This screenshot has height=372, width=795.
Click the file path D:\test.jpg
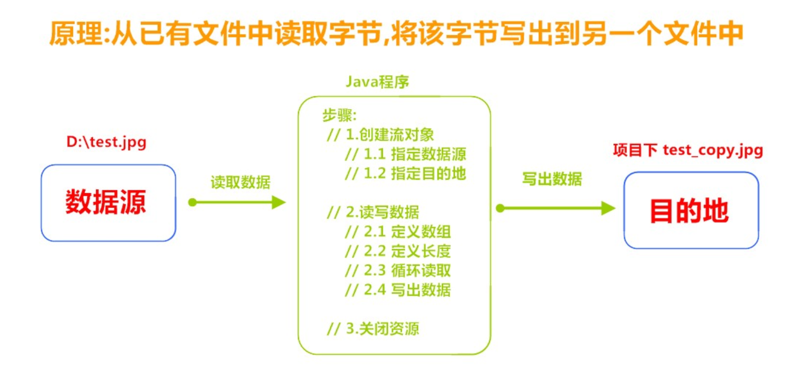click(106, 142)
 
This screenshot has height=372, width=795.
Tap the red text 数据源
click(106, 202)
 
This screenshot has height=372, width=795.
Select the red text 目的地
click(689, 211)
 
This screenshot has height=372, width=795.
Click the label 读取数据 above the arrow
click(240, 182)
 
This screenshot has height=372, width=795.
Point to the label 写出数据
click(552, 179)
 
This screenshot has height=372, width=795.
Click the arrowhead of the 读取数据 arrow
click(279, 202)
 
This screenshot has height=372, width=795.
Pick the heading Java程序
click(377, 81)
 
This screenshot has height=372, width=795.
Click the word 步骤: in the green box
click(339, 115)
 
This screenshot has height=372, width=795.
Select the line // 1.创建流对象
click(380, 135)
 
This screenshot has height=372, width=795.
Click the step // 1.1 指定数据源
click(405, 154)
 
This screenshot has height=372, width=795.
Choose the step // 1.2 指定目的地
click(405, 173)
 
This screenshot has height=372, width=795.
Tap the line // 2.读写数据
click(373, 212)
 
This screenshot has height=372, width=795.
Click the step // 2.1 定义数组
click(398, 231)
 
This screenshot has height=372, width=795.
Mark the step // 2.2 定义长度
click(398, 251)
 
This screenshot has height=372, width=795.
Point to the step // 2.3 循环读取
click(398, 270)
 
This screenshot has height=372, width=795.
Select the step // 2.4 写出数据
click(398, 290)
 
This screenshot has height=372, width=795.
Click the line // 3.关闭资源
click(373, 328)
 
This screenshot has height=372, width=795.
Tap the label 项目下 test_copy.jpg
click(688, 150)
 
